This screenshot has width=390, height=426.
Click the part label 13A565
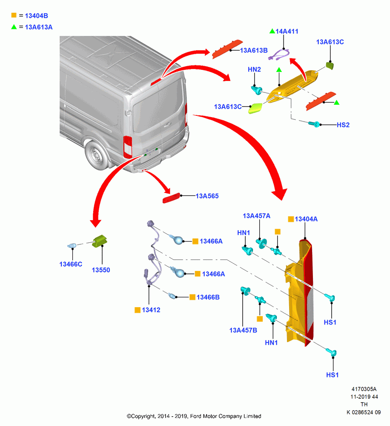207,196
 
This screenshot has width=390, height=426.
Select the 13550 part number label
101,270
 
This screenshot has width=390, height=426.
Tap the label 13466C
71,264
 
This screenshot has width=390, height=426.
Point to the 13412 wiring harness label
151,310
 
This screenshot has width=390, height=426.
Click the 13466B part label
208,297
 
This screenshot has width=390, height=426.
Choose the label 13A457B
243,330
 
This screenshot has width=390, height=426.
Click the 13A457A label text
256,216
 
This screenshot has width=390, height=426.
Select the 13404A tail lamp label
306,219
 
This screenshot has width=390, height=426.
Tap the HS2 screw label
343,125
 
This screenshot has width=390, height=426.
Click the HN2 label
254,69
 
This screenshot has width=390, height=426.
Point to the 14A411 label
287,32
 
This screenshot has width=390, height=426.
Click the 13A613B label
254,50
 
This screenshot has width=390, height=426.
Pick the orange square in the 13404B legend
14,15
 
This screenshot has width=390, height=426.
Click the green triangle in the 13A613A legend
14,26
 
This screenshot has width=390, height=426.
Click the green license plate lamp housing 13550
100,241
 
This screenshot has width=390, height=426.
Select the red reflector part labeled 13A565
172,198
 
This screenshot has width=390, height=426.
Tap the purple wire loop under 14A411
279,54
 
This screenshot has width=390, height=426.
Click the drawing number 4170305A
364,389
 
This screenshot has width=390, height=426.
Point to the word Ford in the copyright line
195,416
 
